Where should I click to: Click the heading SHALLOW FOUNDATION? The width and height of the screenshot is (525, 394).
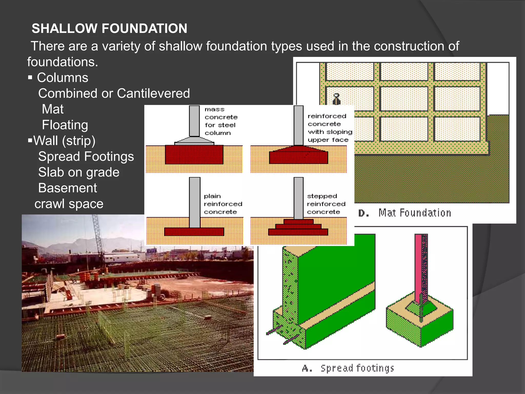[x=109, y=28]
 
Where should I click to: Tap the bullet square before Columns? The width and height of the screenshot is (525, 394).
[x=30, y=77]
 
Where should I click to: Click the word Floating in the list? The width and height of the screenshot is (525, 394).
[x=65, y=125]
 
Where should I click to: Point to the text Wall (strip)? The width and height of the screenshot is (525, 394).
[x=64, y=141]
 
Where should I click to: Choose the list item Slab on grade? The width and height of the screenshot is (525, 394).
[x=79, y=172]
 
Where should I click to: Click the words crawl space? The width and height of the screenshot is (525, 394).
[x=69, y=204]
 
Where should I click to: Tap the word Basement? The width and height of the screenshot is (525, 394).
[x=67, y=188]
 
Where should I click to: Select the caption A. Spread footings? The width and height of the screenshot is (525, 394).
[x=348, y=368]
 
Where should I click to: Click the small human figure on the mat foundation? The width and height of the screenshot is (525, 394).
[x=336, y=99]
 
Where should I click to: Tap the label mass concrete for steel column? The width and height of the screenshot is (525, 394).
[x=221, y=121]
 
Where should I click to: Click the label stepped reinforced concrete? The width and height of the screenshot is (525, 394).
[x=326, y=204]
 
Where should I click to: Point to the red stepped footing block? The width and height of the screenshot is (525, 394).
[x=298, y=228]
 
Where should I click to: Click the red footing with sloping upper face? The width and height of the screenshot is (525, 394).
[x=298, y=156]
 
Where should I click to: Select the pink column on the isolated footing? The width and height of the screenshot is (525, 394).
[x=418, y=267]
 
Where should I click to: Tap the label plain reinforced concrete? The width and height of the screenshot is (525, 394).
[x=223, y=204]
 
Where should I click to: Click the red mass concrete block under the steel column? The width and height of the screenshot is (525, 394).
[x=194, y=155]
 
